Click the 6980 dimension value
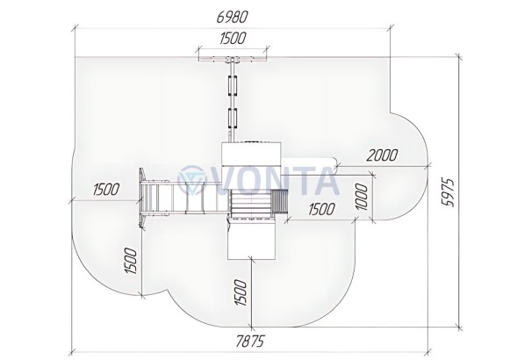[232, 17]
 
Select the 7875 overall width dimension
[250, 342]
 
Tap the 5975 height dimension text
[448, 193]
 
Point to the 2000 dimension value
[382, 155]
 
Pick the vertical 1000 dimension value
[362, 197]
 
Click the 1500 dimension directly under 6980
[233, 38]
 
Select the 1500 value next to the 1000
[321, 209]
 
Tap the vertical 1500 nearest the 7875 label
[241, 292]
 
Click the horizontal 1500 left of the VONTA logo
[106, 190]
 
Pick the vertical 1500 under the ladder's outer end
[131, 261]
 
